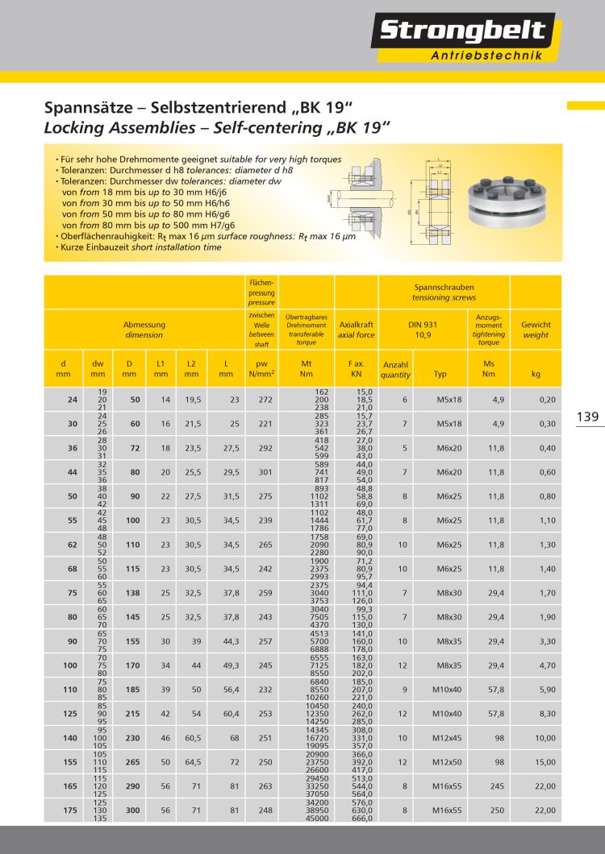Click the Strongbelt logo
463,32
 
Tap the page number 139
587,417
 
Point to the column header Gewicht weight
536,329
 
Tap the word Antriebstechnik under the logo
486,56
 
